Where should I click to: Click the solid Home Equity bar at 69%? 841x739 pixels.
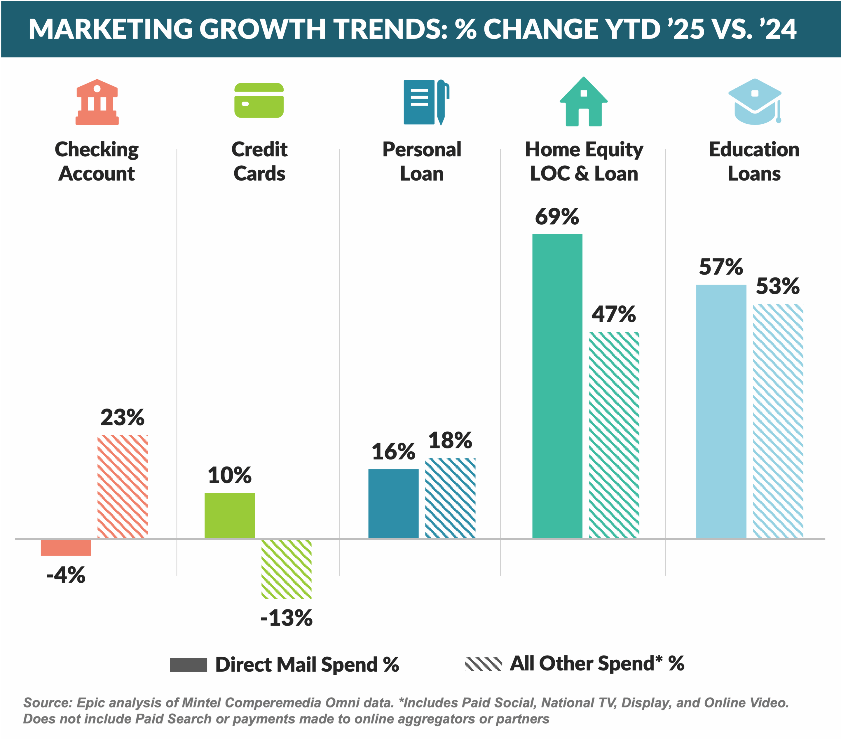coord(557,386)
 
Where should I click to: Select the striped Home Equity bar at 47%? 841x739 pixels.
coord(614,435)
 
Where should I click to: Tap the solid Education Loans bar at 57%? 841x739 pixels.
coord(721,411)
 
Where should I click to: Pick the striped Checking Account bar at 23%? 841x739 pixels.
coord(123,486)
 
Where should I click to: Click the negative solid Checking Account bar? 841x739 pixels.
coord(66,548)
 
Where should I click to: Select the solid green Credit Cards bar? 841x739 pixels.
coord(230,515)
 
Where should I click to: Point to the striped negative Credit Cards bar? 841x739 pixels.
coord(286,569)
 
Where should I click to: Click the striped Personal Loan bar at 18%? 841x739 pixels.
coord(450,498)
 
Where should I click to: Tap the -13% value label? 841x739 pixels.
coord(286,618)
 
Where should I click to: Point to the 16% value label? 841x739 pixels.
coord(393,452)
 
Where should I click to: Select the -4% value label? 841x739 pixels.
coord(66,575)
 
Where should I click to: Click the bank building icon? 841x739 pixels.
coord(97,102)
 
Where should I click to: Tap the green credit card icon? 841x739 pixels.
coord(259,100)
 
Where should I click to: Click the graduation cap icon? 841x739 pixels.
coord(755,102)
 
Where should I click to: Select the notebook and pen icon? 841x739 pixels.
coord(425,102)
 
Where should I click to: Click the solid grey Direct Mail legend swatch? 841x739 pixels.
coord(189,665)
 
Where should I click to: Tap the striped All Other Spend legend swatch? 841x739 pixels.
coord(484,664)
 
